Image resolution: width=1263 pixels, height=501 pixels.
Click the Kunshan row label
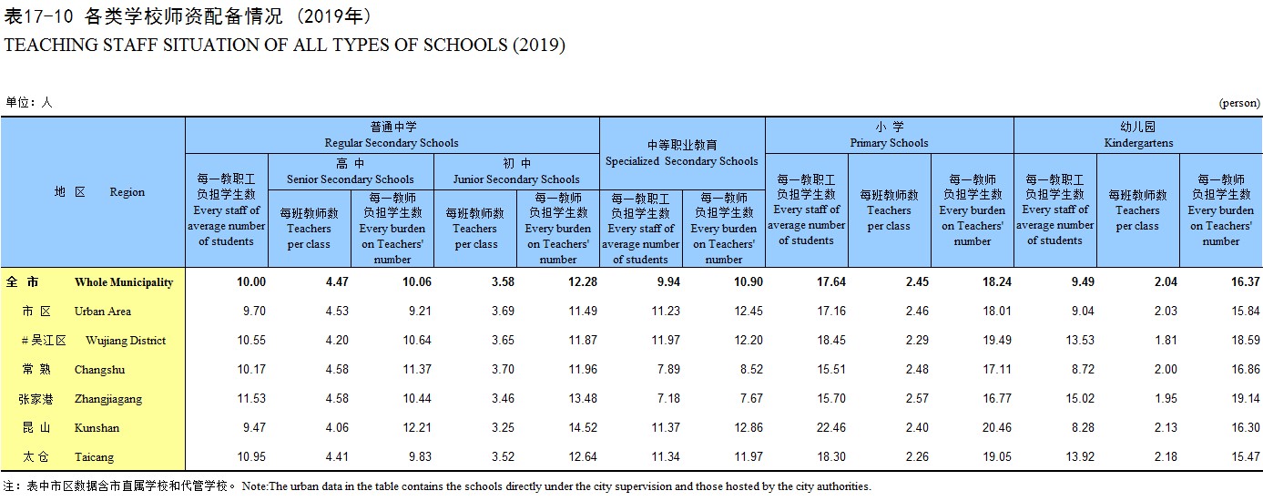[97, 427]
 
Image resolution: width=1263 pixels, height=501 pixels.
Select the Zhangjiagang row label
[108, 399]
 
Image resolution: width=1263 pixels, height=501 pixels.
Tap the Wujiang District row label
[126, 340]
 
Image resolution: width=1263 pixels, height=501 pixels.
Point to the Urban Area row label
[103, 311]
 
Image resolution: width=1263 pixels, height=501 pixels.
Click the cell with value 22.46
[831, 427]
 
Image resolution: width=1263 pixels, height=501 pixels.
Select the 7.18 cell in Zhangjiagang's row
[668, 399]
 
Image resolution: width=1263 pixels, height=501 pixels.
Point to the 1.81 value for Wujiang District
[1166, 340]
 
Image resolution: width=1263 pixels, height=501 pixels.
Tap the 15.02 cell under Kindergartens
[1080, 399]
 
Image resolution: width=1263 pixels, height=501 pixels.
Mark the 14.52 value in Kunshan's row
[583, 427]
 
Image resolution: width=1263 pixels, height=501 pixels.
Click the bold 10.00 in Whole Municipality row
[251, 282]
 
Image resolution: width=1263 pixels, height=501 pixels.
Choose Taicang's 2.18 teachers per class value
[1166, 457]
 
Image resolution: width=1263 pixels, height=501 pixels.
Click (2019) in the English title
[538, 46]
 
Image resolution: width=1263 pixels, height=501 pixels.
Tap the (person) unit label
[1239, 103]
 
